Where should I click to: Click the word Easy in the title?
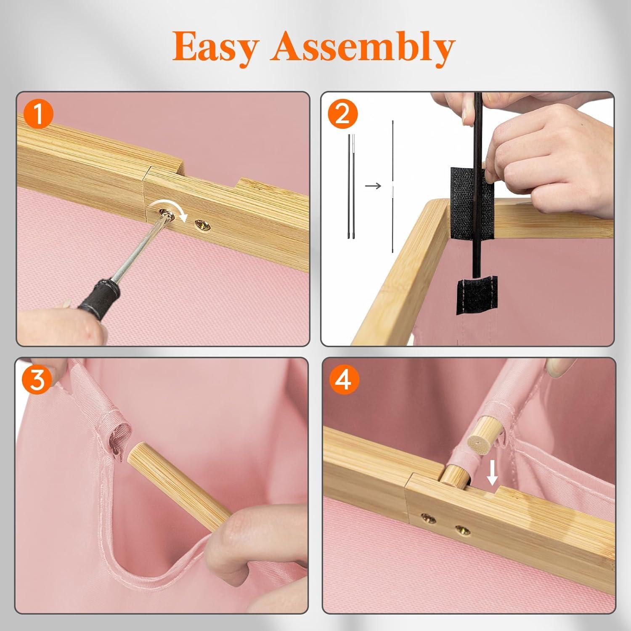pos(215,47)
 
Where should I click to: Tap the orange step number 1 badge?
pos(39,114)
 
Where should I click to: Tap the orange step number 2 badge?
pos(342,114)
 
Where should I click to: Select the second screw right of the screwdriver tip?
pos(203,226)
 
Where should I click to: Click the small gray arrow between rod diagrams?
pos(373,186)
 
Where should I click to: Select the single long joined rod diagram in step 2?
pos(393,186)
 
